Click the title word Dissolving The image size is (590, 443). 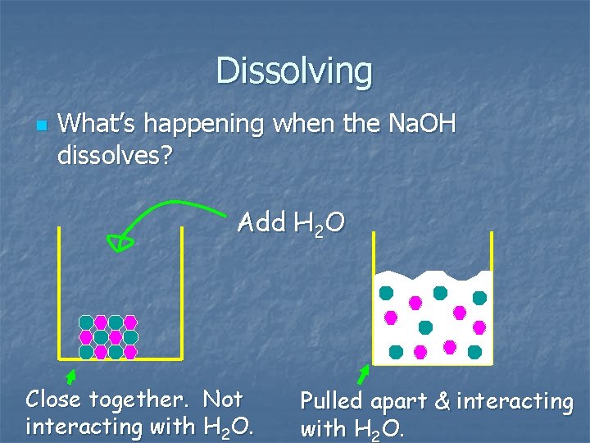pos(294,71)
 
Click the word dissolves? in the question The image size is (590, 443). pos(115,153)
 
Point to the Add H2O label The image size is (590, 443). pos(291,222)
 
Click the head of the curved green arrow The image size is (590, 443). pos(123,241)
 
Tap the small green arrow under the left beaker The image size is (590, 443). pos(70,377)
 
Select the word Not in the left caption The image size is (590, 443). pos(223,400)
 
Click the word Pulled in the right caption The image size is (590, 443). pos(333,402)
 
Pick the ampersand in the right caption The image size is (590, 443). pos(442,402)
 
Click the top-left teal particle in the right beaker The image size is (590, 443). pos(386,292)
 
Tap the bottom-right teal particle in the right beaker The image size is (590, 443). pos(474,352)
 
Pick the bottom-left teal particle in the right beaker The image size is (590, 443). pos(396,352)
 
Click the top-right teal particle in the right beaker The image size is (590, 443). pos(479,298)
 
